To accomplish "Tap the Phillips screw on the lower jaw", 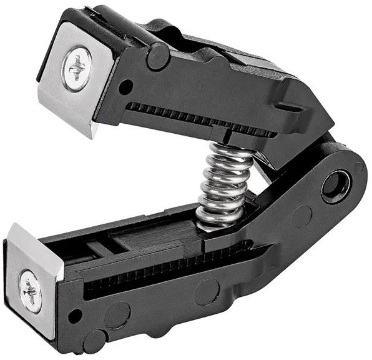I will pos(29,291).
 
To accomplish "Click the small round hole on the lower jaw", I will pos(75,316).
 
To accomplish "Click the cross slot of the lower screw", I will pos(29,291).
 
